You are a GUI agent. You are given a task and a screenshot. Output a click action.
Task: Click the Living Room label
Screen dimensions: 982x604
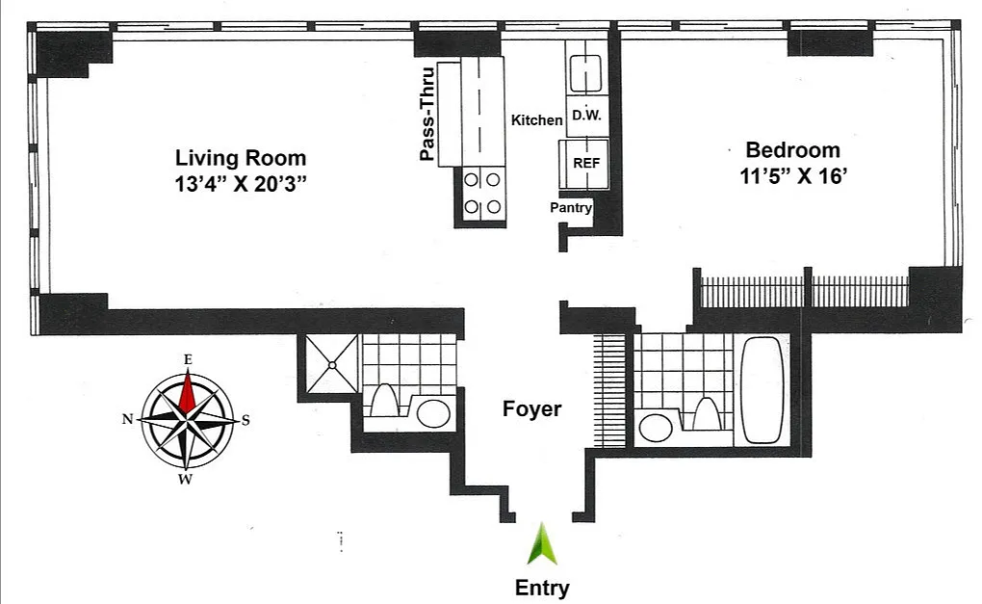click(241, 158)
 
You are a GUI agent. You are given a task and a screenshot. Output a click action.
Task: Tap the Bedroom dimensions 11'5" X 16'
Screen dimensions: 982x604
click(793, 176)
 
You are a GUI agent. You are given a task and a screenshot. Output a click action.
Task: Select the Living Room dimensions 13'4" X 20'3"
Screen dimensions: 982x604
click(241, 184)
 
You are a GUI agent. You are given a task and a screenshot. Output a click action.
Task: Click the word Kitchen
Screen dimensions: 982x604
click(536, 119)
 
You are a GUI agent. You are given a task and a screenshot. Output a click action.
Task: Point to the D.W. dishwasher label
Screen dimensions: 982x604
click(587, 116)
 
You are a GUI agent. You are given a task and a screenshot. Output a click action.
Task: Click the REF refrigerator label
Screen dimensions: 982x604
click(587, 163)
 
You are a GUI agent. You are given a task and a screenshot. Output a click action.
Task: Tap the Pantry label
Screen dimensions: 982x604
click(571, 207)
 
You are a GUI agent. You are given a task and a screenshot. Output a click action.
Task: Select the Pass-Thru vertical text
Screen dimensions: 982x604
click(427, 114)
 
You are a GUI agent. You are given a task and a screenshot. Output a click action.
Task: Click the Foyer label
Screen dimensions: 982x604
click(531, 408)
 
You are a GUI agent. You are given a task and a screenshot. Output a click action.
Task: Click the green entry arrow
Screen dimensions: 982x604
click(542, 544)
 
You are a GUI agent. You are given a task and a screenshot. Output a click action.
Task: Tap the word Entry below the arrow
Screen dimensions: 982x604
click(542, 588)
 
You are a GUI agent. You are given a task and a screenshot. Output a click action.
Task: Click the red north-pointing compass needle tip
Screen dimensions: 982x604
click(188, 370)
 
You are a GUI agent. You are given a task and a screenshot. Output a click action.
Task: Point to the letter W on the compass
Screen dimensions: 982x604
click(186, 480)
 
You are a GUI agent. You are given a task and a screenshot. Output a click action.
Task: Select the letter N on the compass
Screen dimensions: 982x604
click(128, 419)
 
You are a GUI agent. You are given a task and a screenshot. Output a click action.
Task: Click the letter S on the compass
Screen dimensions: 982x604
click(245, 420)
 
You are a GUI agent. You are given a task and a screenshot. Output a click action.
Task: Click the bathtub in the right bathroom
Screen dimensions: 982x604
click(762, 390)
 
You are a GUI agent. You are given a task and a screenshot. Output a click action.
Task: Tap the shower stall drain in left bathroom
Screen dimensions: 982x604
click(332, 365)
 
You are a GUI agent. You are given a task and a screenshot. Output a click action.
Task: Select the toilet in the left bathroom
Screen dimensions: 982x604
click(383, 400)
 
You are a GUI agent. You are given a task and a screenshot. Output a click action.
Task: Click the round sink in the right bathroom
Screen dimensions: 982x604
click(656, 428)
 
